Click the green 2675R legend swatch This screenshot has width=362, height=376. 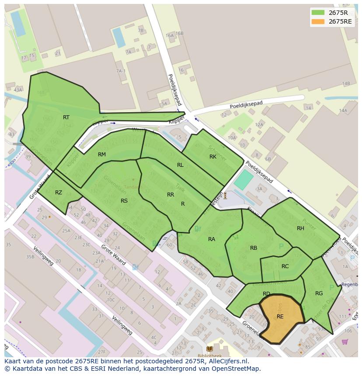(318, 13)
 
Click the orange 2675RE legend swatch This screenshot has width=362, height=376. (318, 21)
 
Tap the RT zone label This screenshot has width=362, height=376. (66, 117)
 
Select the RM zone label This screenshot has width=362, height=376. (102, 155)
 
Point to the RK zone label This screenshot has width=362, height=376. (213, 157)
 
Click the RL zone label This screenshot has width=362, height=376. (180, 165)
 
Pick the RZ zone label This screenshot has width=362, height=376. (59, 193)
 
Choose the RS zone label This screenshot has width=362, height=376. (124, 201)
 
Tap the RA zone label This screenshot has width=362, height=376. (212, 239)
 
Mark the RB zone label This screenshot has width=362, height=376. (254, 248)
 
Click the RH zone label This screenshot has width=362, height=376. (300, 228)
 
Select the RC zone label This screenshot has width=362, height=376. (285, 266)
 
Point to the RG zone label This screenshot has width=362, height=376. (319, 293)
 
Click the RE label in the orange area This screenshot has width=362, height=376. (280, 317)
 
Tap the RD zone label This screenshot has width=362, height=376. (266, 294)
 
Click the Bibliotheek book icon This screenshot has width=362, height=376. (209, 348)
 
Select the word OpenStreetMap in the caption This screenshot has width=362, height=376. (237, 369)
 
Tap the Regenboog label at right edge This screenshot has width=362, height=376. (349, 284)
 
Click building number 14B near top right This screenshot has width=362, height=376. (346, 83)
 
